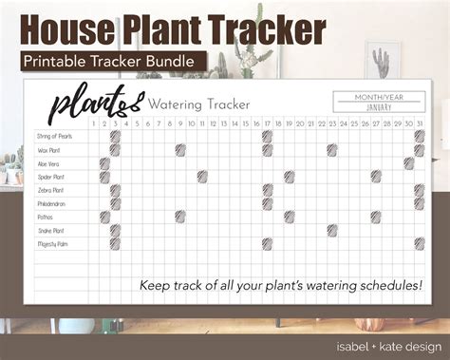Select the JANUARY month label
point(379,108)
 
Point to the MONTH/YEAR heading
point(379,97)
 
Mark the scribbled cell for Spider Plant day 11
point(202,177)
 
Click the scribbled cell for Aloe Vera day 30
point(408,163)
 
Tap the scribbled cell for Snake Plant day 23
point(332,231)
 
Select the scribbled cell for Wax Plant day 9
point(180,150)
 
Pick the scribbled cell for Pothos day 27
point(376,218)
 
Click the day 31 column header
point(419,123)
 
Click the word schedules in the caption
point(369,284)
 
